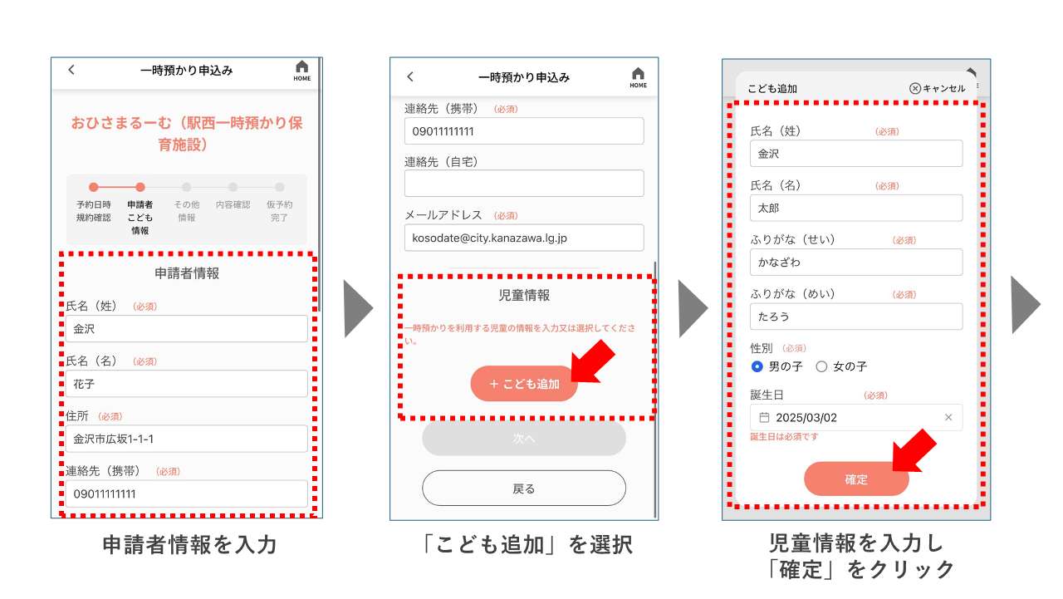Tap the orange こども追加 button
[524, 384]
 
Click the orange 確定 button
[856, 479]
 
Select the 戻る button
[524, 489]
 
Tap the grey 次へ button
[524, 439]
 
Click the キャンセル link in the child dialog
[938, 88]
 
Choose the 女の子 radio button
[821, 366]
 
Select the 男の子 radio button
[757, 366]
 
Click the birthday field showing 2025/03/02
[847, 418]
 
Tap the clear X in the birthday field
[948, 418]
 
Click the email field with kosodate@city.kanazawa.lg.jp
[524, 238]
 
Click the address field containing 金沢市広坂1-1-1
[187, 439]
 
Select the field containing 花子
[187, 384]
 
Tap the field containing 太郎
[856, 208]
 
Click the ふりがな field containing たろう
[856, 317]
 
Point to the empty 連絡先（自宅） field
[524, 184]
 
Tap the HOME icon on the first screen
[301, 70]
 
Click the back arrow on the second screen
[410, 76]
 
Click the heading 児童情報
[524, 296]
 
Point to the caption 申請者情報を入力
[189, 545]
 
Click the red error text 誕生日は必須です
[784, 437]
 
